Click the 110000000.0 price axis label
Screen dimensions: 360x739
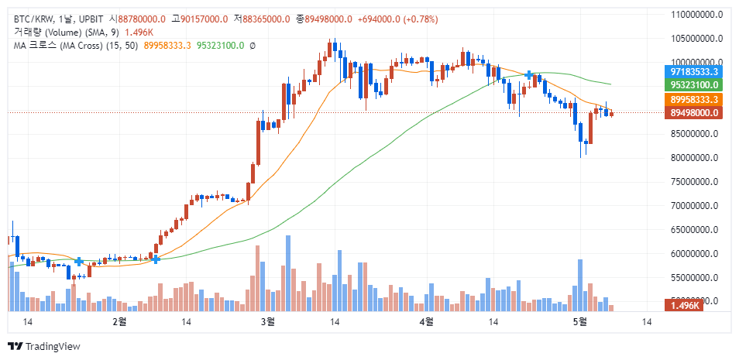click(698, 14)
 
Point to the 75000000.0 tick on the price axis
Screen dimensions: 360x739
click(698, 182)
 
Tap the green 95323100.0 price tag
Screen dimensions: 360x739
click(695, 84)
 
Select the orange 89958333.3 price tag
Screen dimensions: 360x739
click(695, 100)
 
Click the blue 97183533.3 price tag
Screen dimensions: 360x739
click(695, 71)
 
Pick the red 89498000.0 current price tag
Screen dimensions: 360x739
click(695, 113)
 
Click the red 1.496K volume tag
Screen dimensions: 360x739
click(684, 305)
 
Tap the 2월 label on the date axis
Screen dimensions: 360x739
click(119, 321)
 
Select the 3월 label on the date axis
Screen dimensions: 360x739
click(268, 321)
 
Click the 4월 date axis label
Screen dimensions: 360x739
click(424, 321)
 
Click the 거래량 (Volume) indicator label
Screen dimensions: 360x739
click(46, 33)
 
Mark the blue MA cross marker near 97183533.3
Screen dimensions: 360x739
click(529, 75)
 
